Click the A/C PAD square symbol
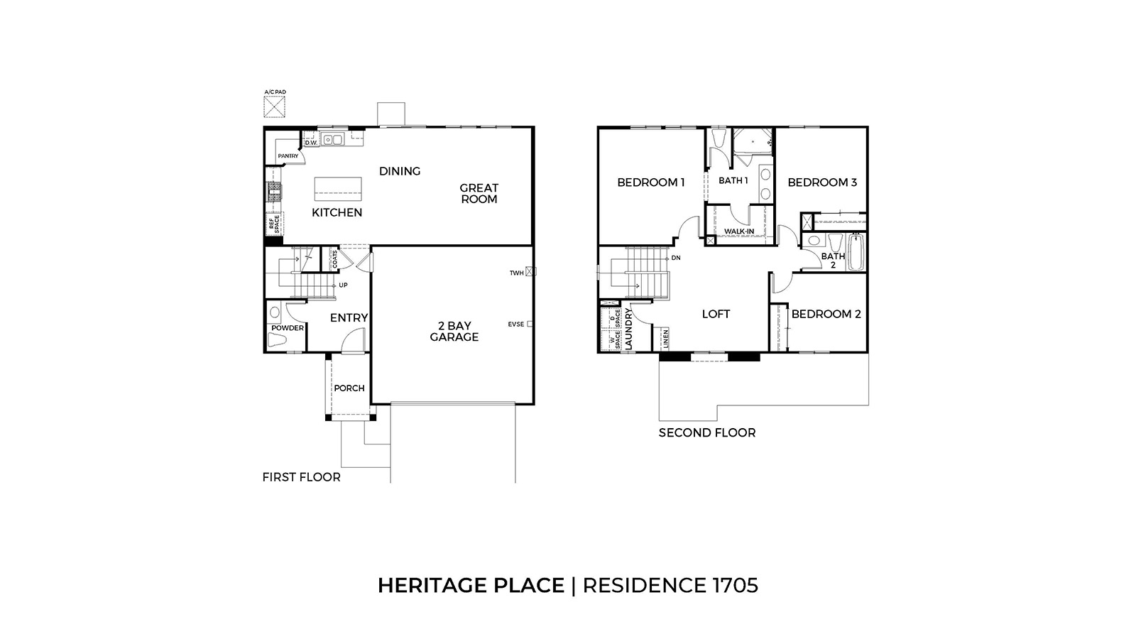click(x=274, y=107)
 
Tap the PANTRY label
click(x=288, y=155)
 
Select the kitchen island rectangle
click(x=338, y=189)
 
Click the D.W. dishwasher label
click(x=310, y=143)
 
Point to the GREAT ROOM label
click(x=479, y=193)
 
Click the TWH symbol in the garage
click(x=531, y=272)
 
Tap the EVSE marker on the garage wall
click(x=530, y=324)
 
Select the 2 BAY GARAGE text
click(x=454, y=332)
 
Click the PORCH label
click(x=349, y=388)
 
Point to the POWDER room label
click(x=287, y=328)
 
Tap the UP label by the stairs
click(x=343, y=285)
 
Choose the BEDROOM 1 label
click(x=650, y=182)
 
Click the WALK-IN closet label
click(x=739, y=231)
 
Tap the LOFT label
click(x=716, y=314)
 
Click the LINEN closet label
click(x=665, y=339)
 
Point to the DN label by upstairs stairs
click(x=676, y=258)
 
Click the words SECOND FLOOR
click(x=706, y=432)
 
